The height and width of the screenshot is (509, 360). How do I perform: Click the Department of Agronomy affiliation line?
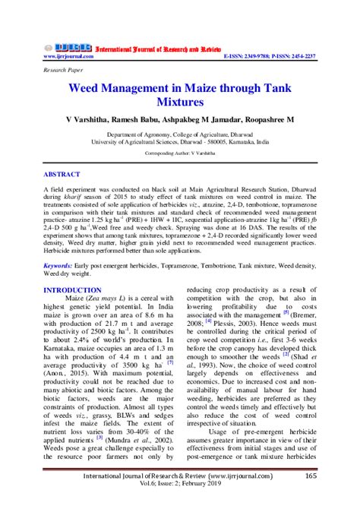coord(180,133)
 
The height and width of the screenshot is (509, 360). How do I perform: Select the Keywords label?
coord(58,266)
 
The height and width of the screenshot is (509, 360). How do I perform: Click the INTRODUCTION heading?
coord(73,290)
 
